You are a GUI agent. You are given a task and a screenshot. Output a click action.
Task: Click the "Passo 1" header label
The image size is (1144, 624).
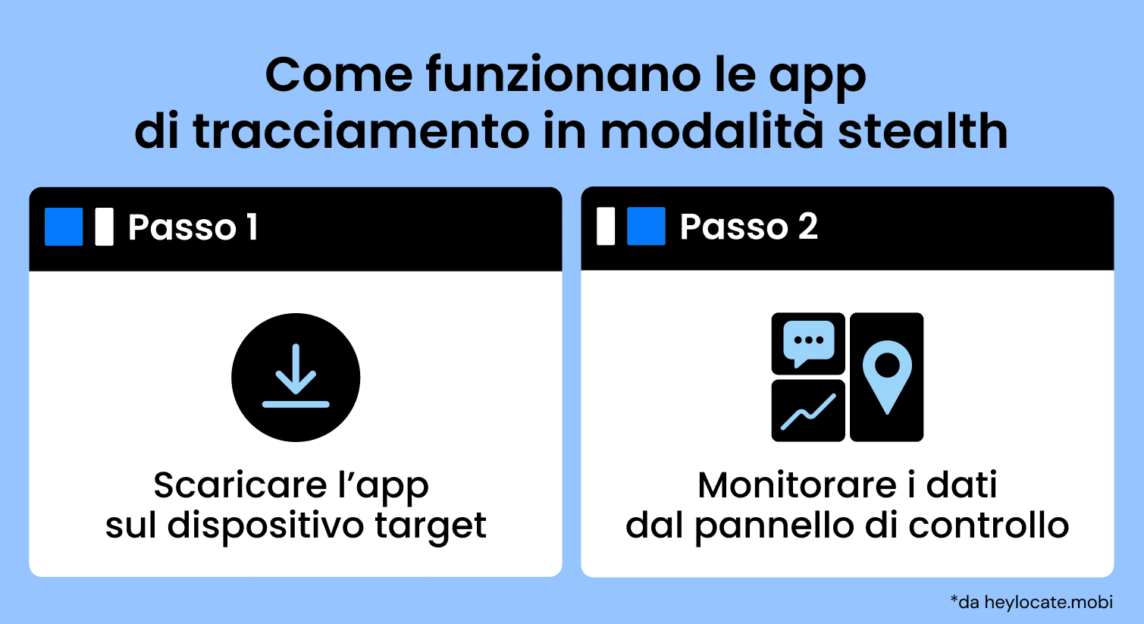click(x=193, y=227)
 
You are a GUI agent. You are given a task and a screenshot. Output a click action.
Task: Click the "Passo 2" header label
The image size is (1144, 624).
click(x=748, y=227)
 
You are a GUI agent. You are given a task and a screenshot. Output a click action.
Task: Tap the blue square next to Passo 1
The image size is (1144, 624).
click(x=64, y=227)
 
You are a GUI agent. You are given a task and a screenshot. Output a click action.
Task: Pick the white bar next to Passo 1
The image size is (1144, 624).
click(x=105, y=227)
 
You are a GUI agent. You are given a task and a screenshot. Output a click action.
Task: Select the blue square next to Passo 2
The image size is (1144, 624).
click(x=646, y=227)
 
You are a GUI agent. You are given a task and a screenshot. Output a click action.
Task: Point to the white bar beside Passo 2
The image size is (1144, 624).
click(x=606, y=227)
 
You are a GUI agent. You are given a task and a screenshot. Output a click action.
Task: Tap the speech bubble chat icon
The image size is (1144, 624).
click(x=808, y=343)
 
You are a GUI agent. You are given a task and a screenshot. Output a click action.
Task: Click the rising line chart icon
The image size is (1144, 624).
click(x=808, y=411)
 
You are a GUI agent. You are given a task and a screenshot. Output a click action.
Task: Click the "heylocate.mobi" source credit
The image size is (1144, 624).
click(x=1048, y=603)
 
